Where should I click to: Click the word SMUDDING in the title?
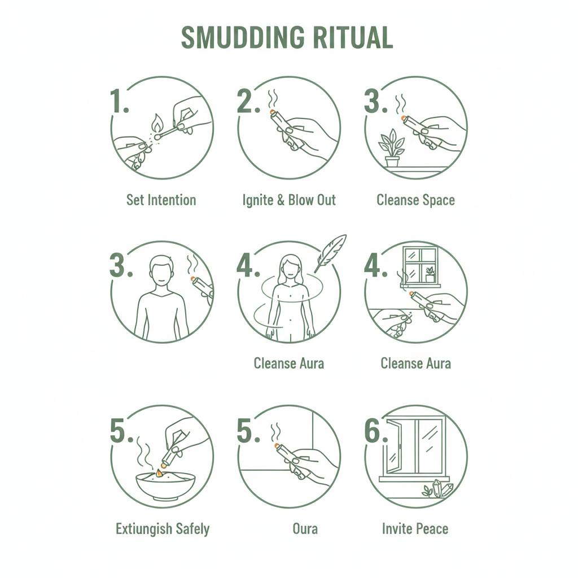pyautogui.click(x=243, y=38)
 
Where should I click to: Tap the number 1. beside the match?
pyautogui.click(x=120, y=100)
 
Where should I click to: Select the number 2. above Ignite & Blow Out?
pyautogui.click(x=248, y=100)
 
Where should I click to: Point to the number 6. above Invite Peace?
pyautogui.click(x=376, y=431)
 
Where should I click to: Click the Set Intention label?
pyautogui.click(x=161, y=200)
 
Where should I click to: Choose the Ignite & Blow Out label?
pyautogui.click(x=289, y=200)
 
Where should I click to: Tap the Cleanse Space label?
pyautogui.click(x=415, y=200)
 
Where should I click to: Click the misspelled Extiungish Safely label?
pyautogui.click(x=163, y=529)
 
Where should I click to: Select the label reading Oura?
pyautogui.click(x=305, y=529)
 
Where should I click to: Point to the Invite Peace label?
pyautogui.click(x=415, y=529)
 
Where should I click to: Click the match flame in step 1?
pyautogui.click(x=157, y=123)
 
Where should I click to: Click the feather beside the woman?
pyautogui.click(x=330, y=253)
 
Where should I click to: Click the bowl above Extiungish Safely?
pyautogui.click(x=165, y=485)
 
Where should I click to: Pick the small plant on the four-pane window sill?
pyautogui.click(x=430, y=275)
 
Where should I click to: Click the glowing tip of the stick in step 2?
pyautogui.click(x=273, y=112)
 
